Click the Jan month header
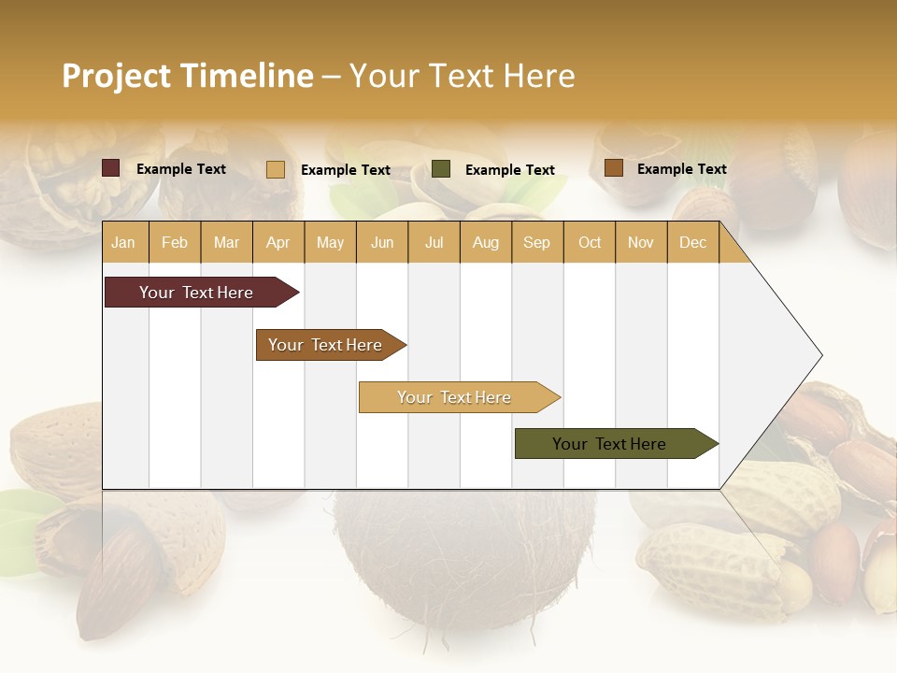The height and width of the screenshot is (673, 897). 123,242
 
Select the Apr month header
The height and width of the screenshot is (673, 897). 278,242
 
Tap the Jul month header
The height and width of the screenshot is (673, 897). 434,242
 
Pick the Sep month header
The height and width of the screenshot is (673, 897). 536,242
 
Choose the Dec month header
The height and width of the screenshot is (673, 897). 692,242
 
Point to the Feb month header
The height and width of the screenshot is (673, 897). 175,242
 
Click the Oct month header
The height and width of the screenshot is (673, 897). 590,242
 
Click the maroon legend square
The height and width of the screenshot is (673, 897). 111,168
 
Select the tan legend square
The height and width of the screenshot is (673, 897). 276,169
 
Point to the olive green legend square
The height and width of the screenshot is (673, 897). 441,169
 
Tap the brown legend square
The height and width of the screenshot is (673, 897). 613,168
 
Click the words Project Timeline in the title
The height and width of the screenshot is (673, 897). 188,76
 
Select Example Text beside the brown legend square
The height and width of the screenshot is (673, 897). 681,169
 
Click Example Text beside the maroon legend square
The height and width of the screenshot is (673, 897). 181,169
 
